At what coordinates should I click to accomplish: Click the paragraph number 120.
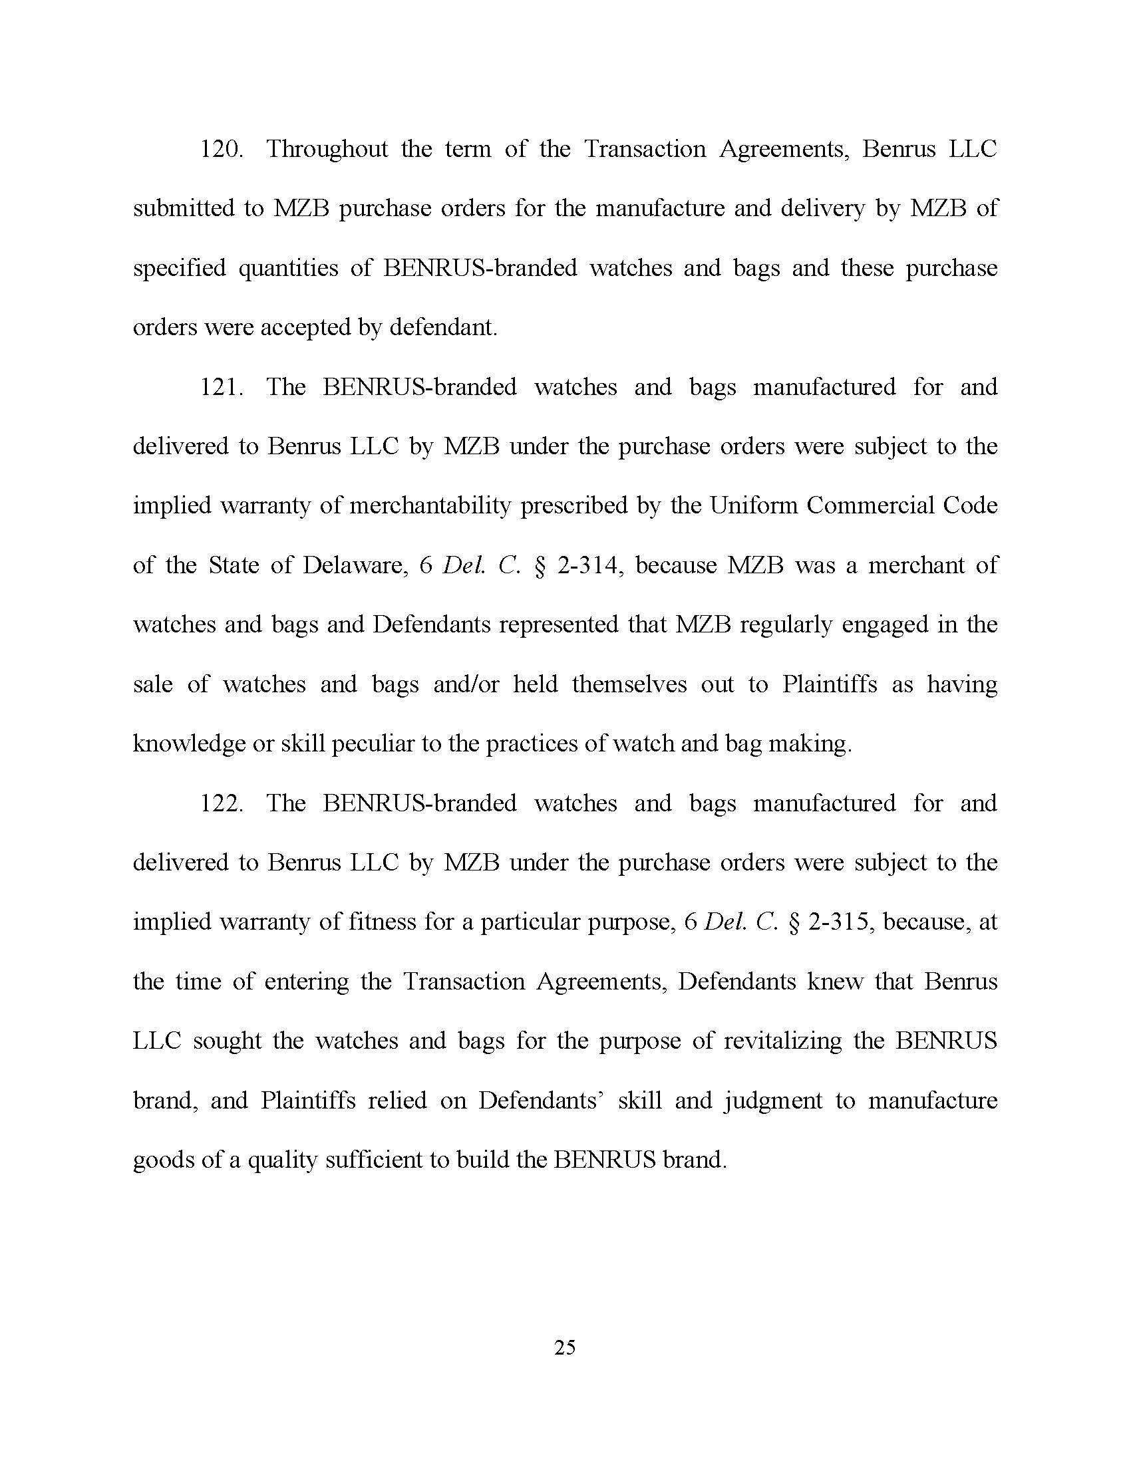coord(220,150)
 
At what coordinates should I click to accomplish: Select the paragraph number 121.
coord(220,387)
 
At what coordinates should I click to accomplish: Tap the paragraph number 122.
coord(220,803)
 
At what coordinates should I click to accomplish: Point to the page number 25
coord(565,1347)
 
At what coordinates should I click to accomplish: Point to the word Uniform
coord(754,506)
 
